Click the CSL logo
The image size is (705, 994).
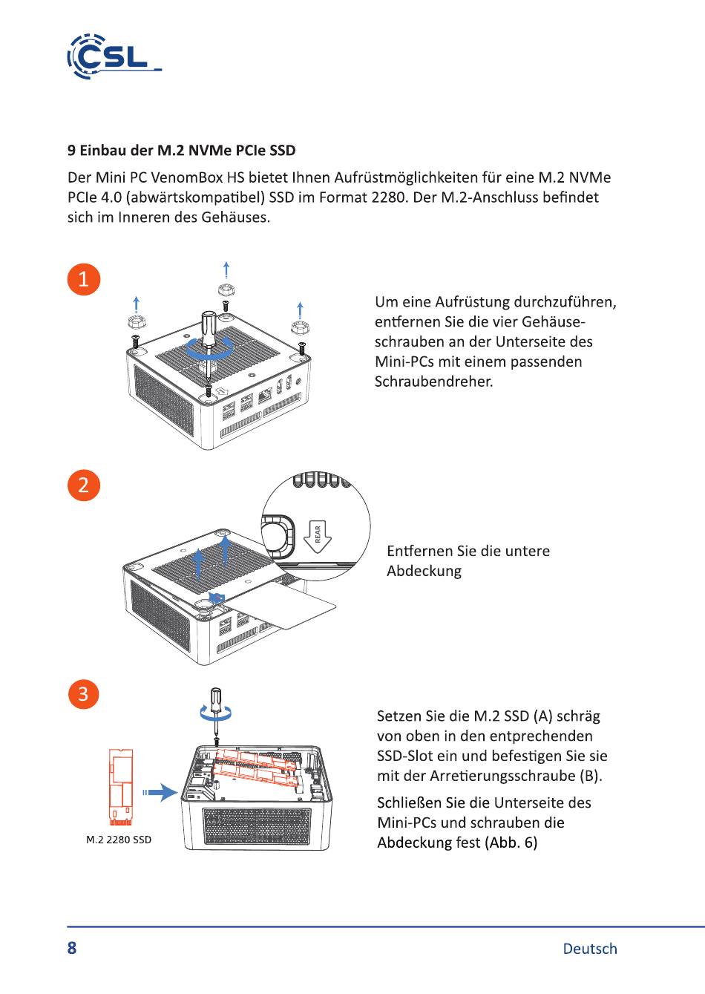114,56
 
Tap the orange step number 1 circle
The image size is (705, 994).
83,279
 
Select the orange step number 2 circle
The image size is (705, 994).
83,485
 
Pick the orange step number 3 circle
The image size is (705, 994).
83,694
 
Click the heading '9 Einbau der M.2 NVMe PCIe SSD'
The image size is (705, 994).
182,151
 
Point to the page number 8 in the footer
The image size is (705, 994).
72,948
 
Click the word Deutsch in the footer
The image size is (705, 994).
590,949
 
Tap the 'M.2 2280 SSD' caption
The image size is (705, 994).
119,840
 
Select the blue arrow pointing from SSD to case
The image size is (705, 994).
162,793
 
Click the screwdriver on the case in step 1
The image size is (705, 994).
208,338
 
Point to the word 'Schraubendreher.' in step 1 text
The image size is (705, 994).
433,382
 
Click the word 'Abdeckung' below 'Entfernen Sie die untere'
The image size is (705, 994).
424,571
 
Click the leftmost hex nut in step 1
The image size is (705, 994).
135,321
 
